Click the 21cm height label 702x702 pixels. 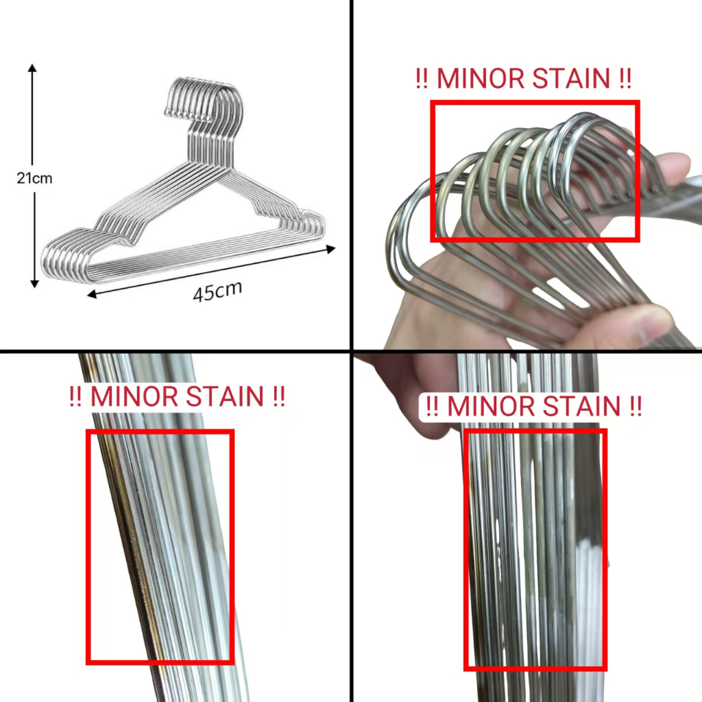tap(34, 178)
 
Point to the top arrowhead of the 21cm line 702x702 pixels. tap(32, 68)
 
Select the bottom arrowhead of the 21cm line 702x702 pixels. tap(34, 284)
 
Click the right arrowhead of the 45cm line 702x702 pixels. tap(331, 250)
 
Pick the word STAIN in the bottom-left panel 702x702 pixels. tap(225, 396)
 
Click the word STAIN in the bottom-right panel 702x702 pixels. tap(581, 406)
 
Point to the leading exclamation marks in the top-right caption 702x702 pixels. tap(422, 78)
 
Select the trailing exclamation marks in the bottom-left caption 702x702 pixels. tap(278, 396)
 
